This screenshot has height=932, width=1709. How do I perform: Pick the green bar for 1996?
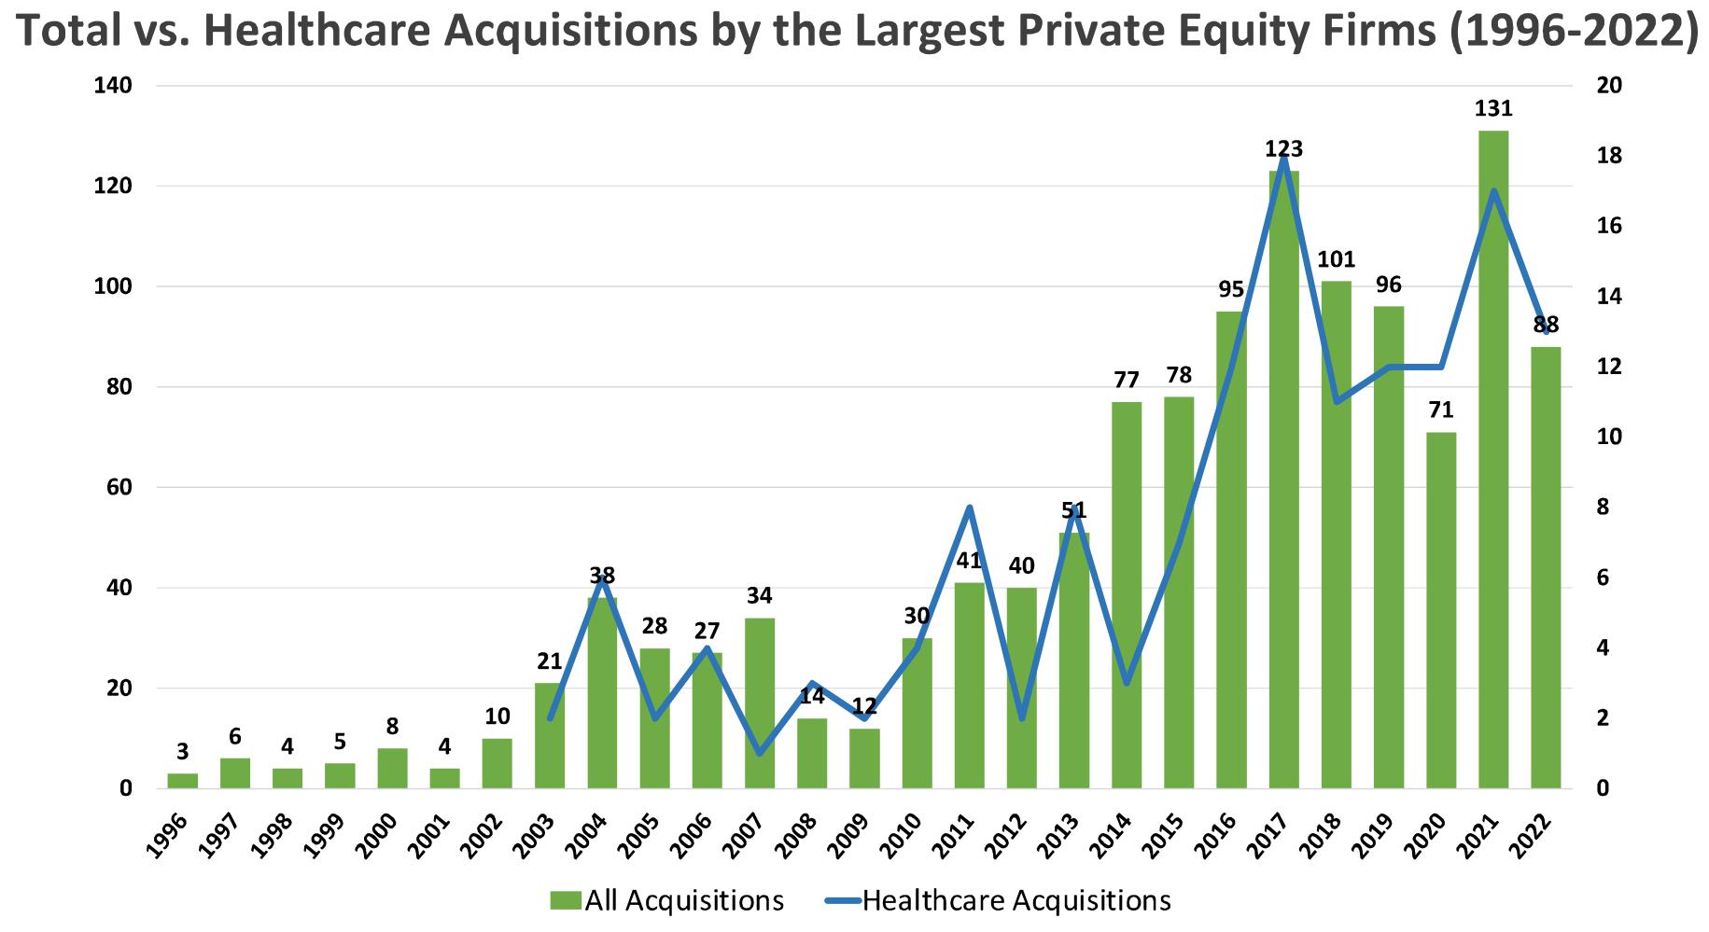pyautogui.click(x=183, y=781)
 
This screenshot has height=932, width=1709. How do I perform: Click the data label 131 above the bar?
pyautogui.click(x=1493, y=109)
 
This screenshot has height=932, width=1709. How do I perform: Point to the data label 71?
pyautogui.click(x=1441, y=410)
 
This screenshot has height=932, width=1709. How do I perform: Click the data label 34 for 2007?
pyautogui.click(x=760, y=596)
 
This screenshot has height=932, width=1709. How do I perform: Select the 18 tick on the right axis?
pyautogui.click(x=1610, y=156)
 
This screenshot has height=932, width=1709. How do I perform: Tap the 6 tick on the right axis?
pyautogui.click(x=1604, y=578)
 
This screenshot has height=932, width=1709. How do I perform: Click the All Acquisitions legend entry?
pyautogui.click(x=666, y=900)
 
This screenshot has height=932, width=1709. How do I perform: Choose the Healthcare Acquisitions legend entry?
pyautogui.click(x=998, y=900)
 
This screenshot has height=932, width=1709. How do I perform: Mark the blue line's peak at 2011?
pyautogui.click(x=969, y=508)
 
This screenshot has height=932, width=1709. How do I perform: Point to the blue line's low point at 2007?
pyautogui.click(x=760, y=754)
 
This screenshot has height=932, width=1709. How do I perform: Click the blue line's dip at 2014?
pyautogui.click(x=1127, y=684)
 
